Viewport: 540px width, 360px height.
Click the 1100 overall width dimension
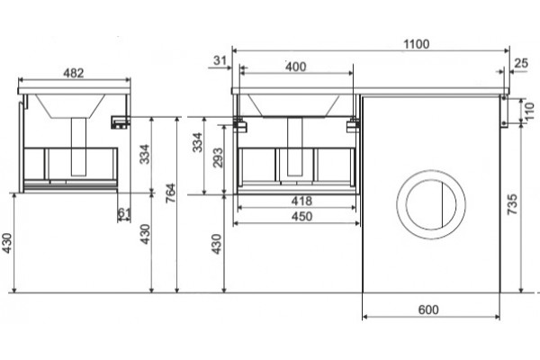(416, 44)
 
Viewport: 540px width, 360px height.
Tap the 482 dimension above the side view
(74, 73)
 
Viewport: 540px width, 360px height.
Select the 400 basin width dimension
(296, 67)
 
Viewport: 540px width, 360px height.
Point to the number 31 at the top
(220, 60)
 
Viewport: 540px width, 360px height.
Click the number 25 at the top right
(521, 63)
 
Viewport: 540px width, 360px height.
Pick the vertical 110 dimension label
(531, 112)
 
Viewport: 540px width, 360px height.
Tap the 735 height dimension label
(513, 204)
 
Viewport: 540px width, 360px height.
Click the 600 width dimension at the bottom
(428, 310)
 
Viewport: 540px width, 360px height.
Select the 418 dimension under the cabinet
(301, 201)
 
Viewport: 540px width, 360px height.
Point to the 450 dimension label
(301, 216)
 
